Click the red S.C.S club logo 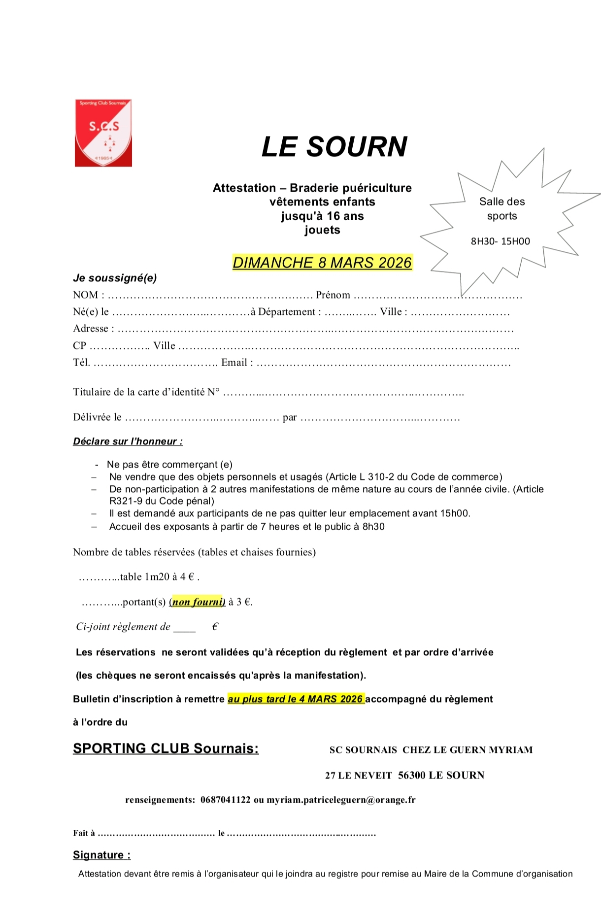tap(103, 133)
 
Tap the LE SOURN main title tap(334, 147)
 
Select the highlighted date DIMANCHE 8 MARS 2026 tap(322, 263)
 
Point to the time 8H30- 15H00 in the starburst tap(501, 241)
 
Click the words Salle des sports tap(502, 208)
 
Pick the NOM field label tap(86, 295)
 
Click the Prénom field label tap(333, 295)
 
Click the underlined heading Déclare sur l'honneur tap(128, 441)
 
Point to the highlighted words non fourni tap(198, 602)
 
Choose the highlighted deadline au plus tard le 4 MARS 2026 tap(296, 699)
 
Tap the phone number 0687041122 tap(226, 800)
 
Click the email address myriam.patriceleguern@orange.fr tap(341, 800)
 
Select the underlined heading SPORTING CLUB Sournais tap(166, 748)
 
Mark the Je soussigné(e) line tap(115, 278)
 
